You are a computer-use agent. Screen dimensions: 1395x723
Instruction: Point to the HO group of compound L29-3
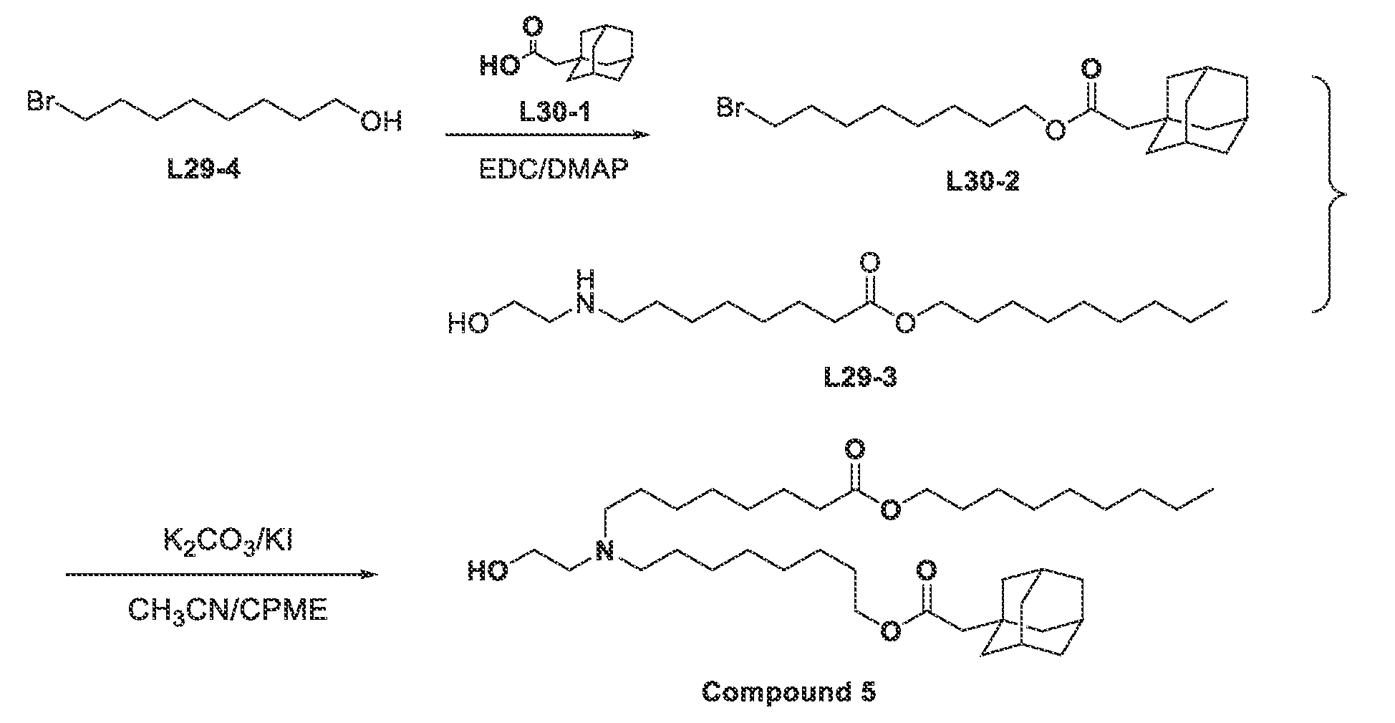[x=468, y=325]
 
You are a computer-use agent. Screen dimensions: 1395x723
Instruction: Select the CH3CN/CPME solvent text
[x=228, y=610]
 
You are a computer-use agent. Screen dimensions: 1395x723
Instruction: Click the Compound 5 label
[x=788, y=692]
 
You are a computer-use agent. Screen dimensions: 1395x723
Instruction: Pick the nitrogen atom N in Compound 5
[x=606, y=552]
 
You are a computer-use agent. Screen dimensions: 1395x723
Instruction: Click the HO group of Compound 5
[x=489, y=570]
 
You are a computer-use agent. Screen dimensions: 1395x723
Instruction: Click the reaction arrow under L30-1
[x=546, y=135]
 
